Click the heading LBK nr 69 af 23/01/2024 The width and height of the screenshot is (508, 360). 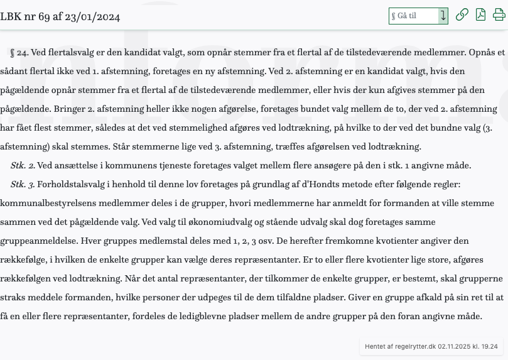coord(60,16)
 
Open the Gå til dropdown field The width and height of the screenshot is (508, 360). coord(418,16)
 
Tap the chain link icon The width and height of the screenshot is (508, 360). coord(462,15)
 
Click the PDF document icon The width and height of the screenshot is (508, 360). coord(480,15)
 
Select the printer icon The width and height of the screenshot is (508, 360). coord(499,15)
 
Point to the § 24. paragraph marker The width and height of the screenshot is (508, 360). coord(19,53)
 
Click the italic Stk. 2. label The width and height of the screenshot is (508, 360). coord(23,166)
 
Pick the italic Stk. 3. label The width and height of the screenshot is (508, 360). coord(23,185)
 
